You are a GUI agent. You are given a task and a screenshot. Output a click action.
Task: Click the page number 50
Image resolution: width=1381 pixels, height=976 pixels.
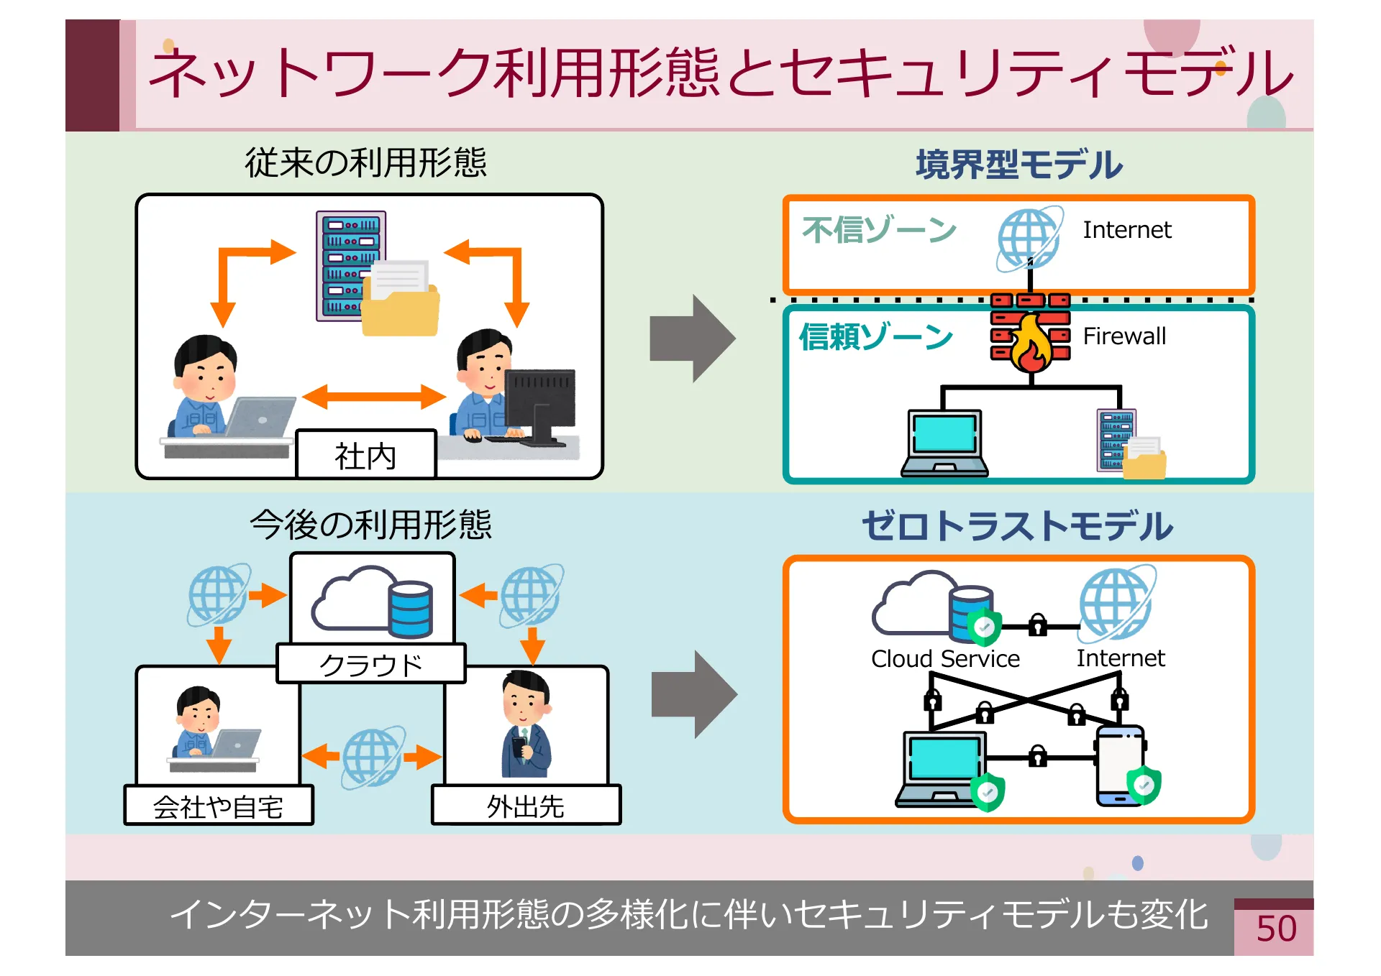pos(1275,929)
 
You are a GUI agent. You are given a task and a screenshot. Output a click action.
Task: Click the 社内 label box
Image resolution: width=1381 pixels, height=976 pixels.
pos(365,455)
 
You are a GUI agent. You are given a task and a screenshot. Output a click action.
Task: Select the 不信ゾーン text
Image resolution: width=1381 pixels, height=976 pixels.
pos(879,230)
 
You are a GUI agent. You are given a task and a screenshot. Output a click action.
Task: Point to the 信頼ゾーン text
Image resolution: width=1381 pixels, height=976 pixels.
pos(875,336)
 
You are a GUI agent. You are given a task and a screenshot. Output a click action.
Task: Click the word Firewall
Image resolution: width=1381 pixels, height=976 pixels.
pos(1124,336)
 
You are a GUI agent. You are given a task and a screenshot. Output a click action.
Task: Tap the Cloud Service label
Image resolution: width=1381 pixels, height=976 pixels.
pos(945,658)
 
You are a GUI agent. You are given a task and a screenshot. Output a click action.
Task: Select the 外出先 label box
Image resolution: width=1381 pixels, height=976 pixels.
pos(525,806)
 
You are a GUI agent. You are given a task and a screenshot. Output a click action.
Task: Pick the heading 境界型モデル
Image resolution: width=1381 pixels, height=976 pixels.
pos(1018,165)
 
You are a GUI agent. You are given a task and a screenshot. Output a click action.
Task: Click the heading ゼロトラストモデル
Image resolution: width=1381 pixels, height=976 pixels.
pos(1017,525)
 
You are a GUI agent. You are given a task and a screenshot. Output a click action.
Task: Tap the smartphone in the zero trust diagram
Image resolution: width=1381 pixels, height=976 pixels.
pos(1120,765)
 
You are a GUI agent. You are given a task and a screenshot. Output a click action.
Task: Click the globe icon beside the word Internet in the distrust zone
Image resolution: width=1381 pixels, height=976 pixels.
pos(1029,239)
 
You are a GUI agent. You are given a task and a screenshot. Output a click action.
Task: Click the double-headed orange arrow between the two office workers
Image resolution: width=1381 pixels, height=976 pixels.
pos(373,396)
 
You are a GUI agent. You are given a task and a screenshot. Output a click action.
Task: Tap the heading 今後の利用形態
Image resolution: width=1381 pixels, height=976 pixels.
pos(370,524)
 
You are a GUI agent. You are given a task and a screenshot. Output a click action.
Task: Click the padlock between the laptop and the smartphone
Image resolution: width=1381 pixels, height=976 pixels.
pos(1037,756)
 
